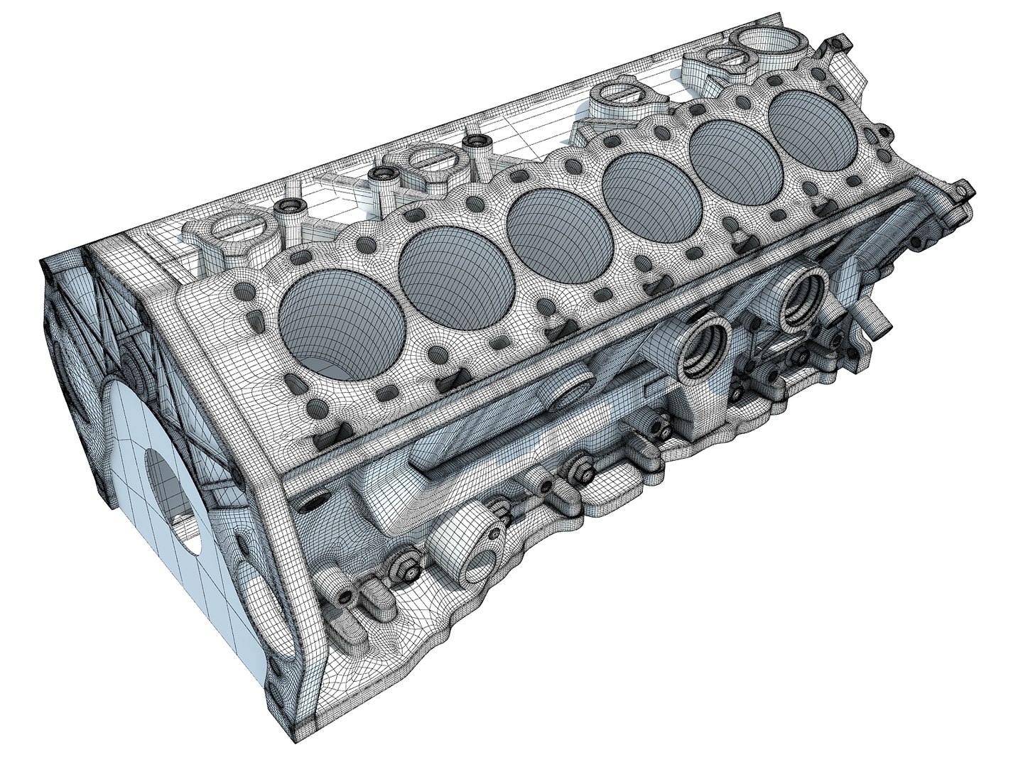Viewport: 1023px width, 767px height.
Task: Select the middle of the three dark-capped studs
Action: tap(384, 174)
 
